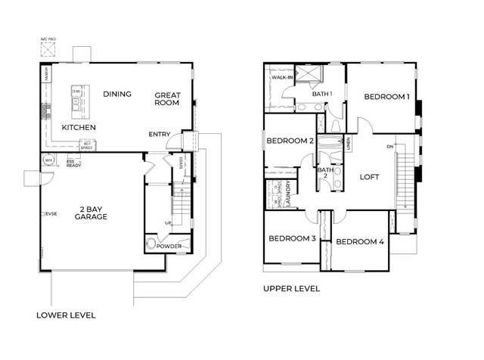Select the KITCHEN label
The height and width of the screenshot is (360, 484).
[x=79, y=128]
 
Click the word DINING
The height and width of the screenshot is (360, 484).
[x=117, y=95]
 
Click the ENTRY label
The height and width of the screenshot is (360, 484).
[x=160, y=135]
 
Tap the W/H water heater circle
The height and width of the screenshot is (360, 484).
[x=48, y=160]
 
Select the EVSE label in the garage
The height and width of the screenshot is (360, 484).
[x=52, y=214]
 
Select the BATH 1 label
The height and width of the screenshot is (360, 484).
[x=322, y=94]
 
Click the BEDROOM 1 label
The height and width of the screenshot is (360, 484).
[x=386, y=97]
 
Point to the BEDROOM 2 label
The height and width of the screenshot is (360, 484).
[x=290, y=141]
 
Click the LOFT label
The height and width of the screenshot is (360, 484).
[x=369, y=178]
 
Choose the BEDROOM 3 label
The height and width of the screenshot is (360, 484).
[x=291, y=238]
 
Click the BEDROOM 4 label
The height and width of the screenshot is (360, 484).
[x=360, y=242]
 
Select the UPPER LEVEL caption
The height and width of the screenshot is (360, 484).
[x=291, y=289]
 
